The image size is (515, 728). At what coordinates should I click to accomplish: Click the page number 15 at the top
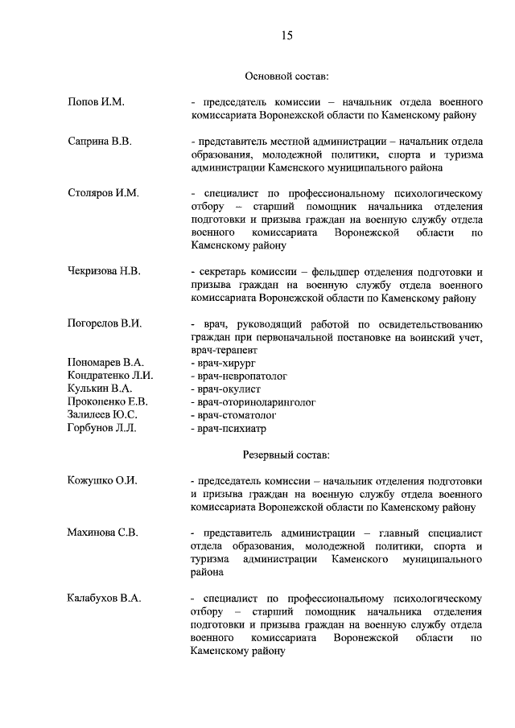[x=286, y=35]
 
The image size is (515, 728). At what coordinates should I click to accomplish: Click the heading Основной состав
[x=286, y=76]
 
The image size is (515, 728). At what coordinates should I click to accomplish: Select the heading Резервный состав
[x=286, y=454]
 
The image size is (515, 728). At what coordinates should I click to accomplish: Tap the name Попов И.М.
[x=97, y=103]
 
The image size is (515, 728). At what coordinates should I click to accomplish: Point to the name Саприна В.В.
[x=100, y=142]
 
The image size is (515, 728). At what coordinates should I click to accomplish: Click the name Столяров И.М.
[x=104, y=193]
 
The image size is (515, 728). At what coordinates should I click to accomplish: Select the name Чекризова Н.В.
[x=105, y=271]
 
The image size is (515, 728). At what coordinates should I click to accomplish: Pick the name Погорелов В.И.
[x=105, y=323]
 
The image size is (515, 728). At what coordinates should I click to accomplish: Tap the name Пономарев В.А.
[x=105, y=363]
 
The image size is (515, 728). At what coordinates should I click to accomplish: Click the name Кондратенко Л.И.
[x=110, y=376]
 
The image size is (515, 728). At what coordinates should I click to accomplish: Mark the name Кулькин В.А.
[x=100, y=389]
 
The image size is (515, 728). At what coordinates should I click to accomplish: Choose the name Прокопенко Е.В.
[x=108, y=401]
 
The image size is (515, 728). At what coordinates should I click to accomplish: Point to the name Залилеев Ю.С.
[x=103, y=414]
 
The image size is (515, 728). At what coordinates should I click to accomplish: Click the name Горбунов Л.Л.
[x=102, y=427]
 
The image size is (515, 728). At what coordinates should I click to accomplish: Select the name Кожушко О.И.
[x=102, y=480]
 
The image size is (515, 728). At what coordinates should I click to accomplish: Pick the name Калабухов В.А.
[x=104, y=598]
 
